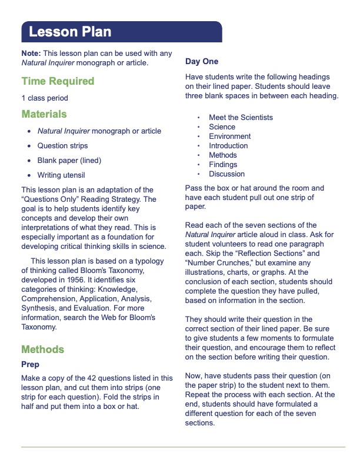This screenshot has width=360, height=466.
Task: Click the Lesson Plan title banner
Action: tap(71, 32)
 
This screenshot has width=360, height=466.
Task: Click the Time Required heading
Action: tap(58, 81)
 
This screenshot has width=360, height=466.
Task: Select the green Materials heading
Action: tap(44, 114)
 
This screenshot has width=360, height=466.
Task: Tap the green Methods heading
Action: tap(42, 349)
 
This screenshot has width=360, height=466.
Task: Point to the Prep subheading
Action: tap(30, 365)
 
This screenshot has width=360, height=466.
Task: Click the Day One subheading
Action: tap(202, 61)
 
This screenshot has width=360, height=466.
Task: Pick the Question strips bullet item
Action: tap(62, 145)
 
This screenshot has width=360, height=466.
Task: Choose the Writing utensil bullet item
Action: tap(61, 175)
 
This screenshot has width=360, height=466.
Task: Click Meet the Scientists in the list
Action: tap(241, 118)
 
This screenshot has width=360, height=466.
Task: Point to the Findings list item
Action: tap(223, 165)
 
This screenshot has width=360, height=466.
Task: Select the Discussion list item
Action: tap(226, 174)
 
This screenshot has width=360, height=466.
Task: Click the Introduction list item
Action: tap(228, 146)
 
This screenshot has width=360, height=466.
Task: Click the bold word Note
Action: tap(31, 53)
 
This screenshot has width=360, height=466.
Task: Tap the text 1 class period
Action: tap(45, 98)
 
